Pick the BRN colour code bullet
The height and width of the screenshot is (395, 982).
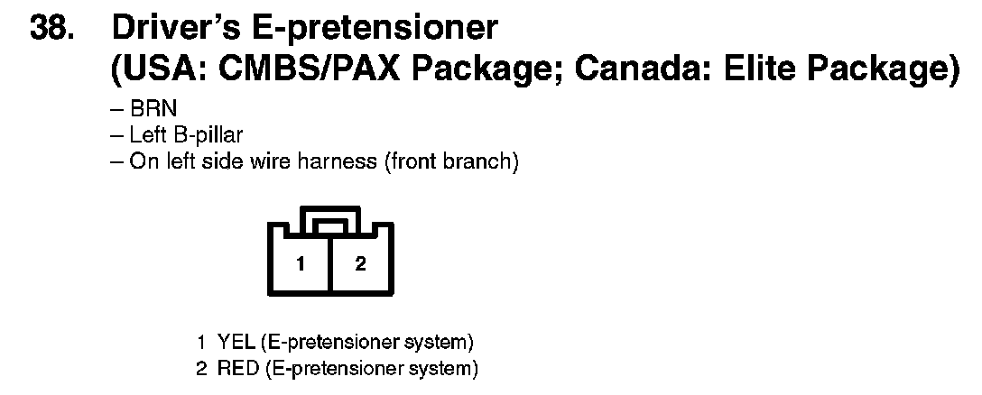coord(147,113)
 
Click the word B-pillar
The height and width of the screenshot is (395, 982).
coord(210,138)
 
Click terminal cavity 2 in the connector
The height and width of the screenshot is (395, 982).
coord(360,264)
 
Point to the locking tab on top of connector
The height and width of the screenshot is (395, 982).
coord(329,218)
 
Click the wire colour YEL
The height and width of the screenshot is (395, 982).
coord(233,343)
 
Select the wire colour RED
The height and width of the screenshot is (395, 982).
coord(234,368)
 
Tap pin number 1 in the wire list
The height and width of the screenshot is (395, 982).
coord(202,343)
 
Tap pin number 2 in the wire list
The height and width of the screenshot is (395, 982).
coord(202,368)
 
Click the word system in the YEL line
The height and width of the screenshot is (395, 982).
coord(441,343)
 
